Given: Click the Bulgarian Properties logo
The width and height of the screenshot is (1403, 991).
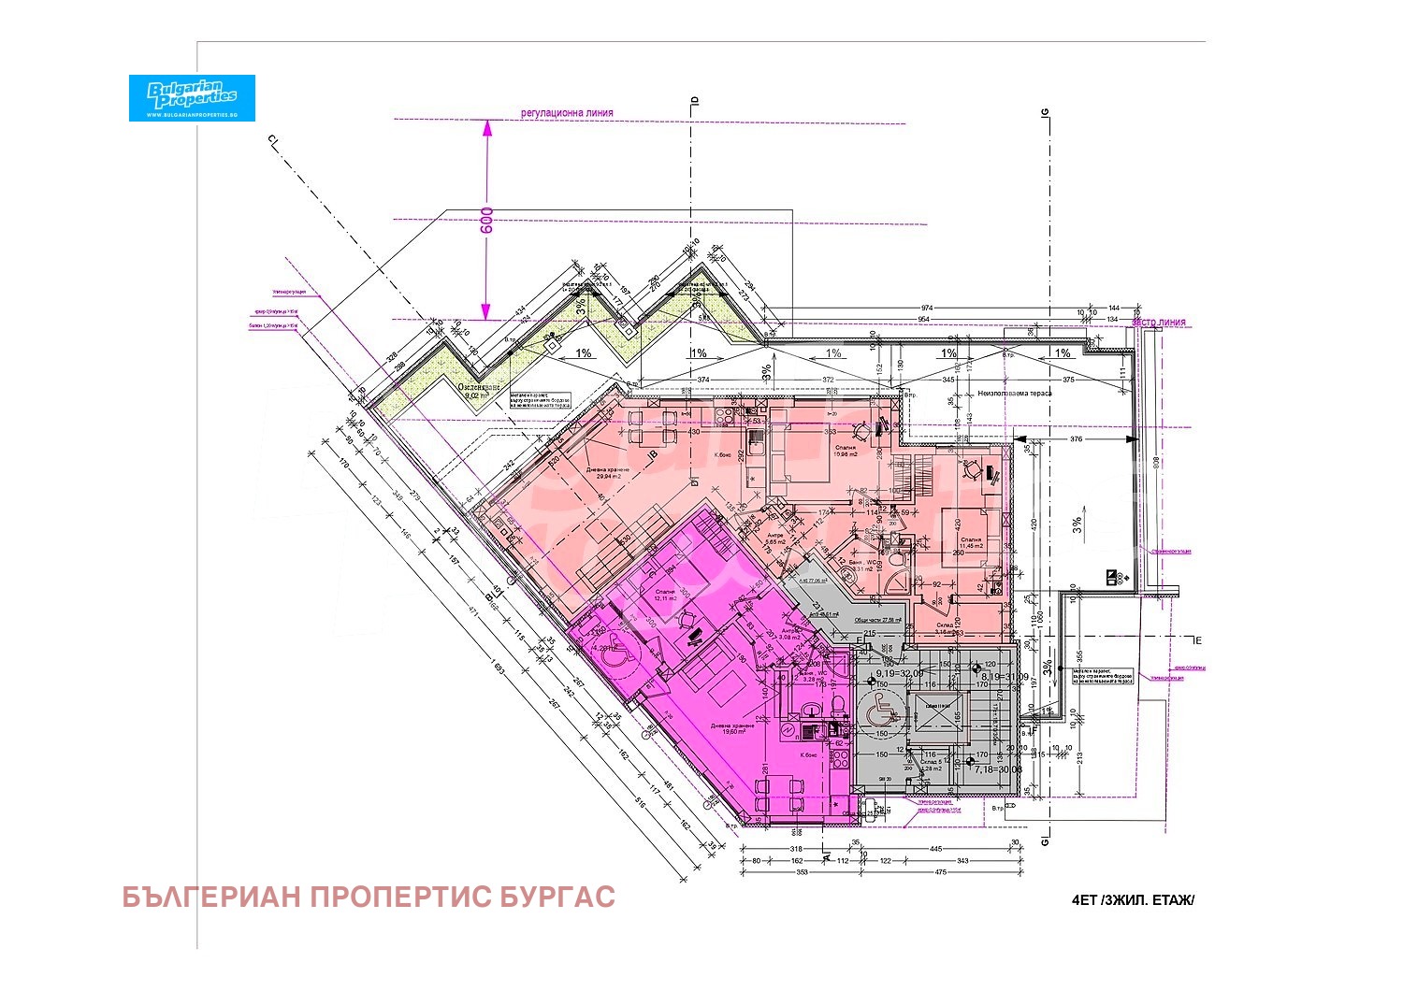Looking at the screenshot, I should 192,97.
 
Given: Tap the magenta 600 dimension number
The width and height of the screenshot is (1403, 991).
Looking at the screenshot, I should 486,221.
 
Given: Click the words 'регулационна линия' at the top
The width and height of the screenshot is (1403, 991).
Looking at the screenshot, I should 567,113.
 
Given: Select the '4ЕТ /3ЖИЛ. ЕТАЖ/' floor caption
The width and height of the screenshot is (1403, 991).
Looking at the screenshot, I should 1133,900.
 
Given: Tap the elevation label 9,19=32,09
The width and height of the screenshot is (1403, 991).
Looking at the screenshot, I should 899,672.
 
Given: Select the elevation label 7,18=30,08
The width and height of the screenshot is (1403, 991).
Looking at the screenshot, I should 997,769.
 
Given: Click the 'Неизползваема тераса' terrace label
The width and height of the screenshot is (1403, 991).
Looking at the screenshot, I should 1015,393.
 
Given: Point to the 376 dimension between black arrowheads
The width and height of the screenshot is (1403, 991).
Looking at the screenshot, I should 1076,439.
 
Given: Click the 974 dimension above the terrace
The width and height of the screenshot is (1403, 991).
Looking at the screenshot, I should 927,308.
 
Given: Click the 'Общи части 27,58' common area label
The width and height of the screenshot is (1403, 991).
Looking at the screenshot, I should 880,620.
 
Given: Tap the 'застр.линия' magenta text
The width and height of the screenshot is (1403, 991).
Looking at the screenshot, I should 1159,323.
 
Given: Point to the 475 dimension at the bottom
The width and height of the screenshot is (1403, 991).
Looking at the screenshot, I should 941,872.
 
